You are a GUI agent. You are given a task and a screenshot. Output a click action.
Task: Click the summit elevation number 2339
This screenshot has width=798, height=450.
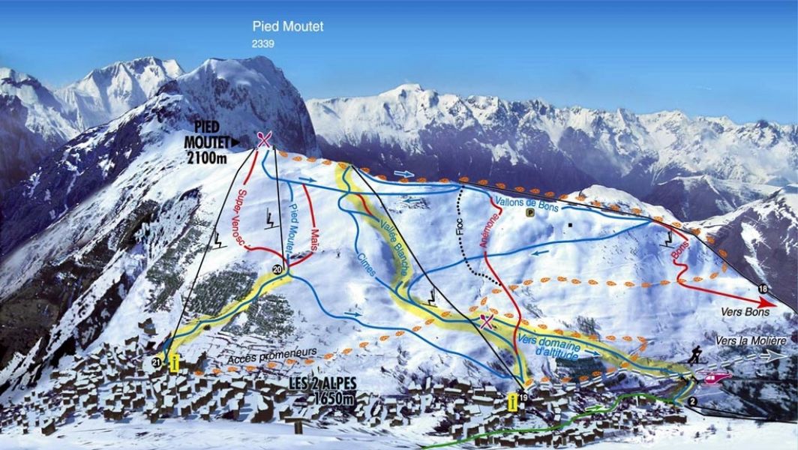click(263, 44)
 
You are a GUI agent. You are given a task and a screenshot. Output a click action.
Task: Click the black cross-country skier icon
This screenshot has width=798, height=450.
click(695, 355)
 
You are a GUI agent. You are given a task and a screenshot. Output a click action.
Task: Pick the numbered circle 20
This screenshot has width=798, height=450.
click(278, 269)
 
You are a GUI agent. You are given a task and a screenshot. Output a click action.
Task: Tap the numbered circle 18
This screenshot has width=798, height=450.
click(763, 289)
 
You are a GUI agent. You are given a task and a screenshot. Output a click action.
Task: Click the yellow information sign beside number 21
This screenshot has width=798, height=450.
click(175, 363)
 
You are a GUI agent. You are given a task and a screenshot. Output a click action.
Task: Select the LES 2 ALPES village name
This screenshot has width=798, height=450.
click(323, 383)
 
